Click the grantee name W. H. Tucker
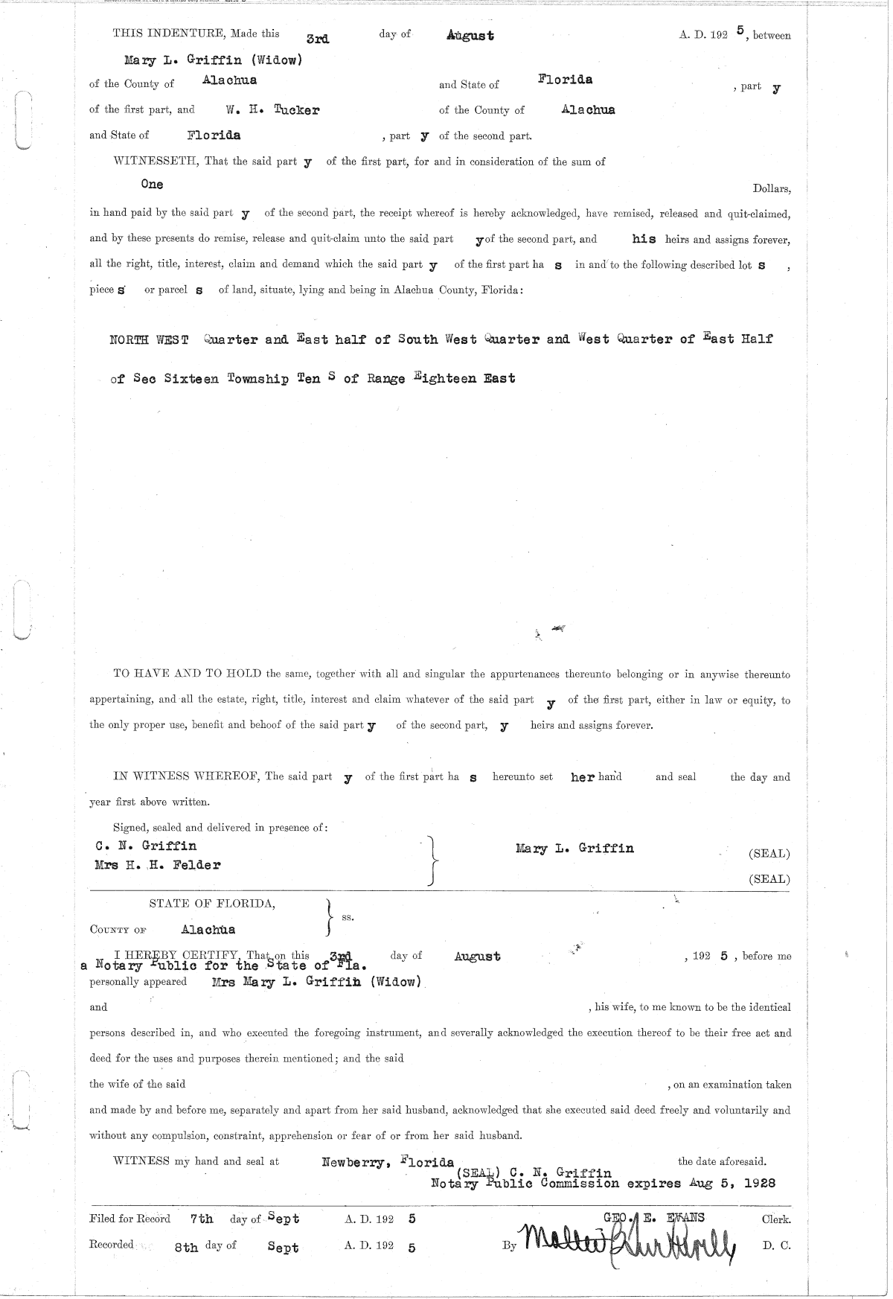tap(273, 110)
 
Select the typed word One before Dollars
tap(152, 184)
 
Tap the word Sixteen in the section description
tap(191, 379)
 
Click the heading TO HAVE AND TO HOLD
tap(188, 674)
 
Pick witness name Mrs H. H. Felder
tap(158, 865)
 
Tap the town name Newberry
tap(353, 1161)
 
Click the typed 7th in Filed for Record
tap(202, 1219)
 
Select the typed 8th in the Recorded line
tap(186, 1248)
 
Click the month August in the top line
tap(470, 35)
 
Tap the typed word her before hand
tap(583, 777)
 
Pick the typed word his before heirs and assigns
tap(644, 240)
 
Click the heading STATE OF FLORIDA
tap(212, 904)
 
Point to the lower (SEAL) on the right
tap(769, 879)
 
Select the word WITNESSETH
tap(154, 162)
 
